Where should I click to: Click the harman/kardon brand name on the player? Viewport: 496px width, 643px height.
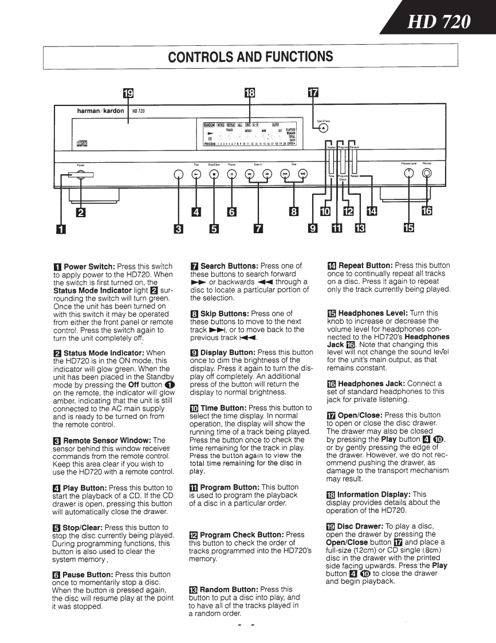[x=100, y=111]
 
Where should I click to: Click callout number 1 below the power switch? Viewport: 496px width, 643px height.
[x=60, y=229]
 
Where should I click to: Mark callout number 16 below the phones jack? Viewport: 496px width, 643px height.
[x=427, y=211]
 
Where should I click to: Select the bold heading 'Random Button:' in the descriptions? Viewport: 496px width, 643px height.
[x=230, y=589]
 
